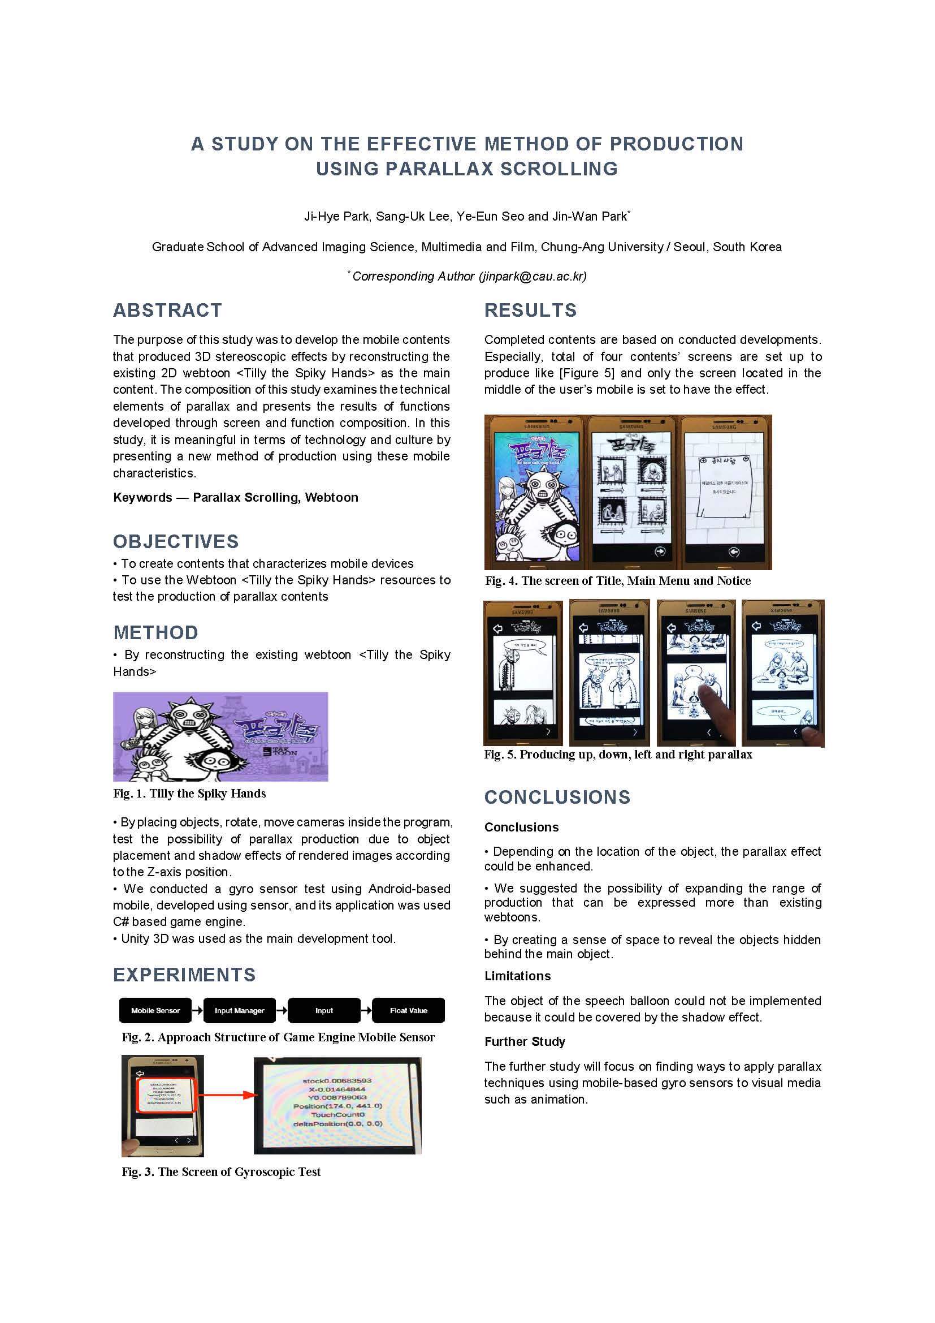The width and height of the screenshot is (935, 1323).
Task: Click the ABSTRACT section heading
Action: point(167,310)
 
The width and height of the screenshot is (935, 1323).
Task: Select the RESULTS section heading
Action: point(530,310)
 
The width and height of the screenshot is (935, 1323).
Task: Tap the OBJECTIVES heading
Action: point(176,541)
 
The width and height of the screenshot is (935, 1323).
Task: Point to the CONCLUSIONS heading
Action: point(557,797)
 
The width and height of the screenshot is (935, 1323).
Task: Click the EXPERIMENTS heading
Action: point(184,975)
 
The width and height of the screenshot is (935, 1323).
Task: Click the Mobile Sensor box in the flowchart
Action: point(155,1010)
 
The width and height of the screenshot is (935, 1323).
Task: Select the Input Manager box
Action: point(240,1010)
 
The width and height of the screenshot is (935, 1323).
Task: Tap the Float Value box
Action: point(408,1010)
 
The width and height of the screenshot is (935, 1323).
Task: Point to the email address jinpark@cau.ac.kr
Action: point(532,277)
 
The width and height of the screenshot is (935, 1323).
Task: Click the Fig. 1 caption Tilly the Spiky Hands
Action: point(189,794)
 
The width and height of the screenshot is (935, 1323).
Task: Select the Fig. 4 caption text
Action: point(617,581)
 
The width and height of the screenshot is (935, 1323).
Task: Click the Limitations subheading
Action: point(517,976)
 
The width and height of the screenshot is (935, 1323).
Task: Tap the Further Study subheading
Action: point(525,1041)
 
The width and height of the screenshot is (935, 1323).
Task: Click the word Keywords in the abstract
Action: point(142,497)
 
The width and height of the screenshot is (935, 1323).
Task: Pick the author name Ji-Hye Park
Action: point(337,216)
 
